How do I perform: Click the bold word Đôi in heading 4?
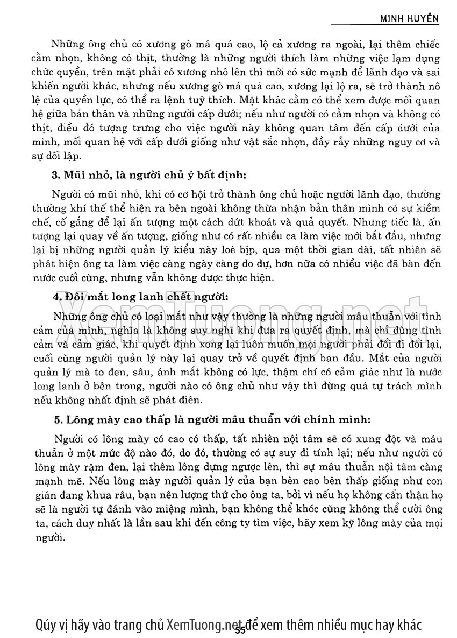point(74,297)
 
